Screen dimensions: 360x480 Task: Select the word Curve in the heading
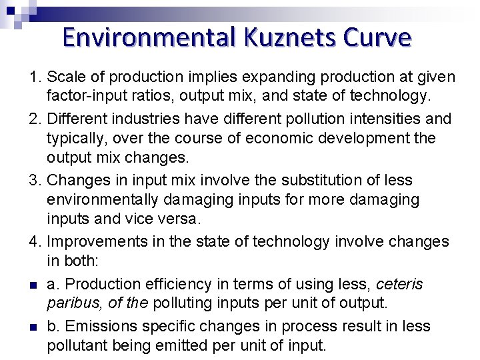tap(377, 37)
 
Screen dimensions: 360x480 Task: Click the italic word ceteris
tap(399, 284)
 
